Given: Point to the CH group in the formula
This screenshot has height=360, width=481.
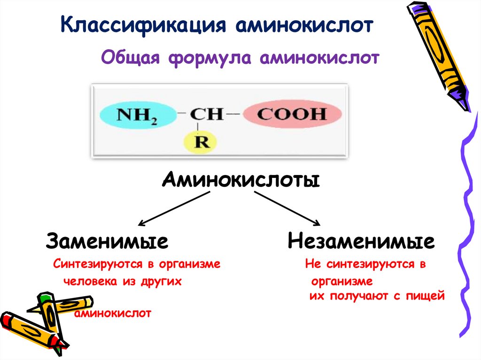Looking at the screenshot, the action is click(x=206, y=114).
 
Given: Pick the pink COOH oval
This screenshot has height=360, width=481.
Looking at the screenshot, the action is click(x=291, y=114).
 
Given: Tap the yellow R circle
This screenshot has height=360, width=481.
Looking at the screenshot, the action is click(x=202, y=142).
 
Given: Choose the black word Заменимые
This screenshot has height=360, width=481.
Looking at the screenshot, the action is click(x=107, y=242).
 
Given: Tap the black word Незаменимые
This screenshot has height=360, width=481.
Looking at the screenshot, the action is click(x=361, y=242).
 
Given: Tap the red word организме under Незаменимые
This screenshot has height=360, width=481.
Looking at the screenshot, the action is click(x=341, y=282).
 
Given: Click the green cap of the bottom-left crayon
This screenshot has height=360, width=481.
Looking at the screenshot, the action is click(x=45, y=299).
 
